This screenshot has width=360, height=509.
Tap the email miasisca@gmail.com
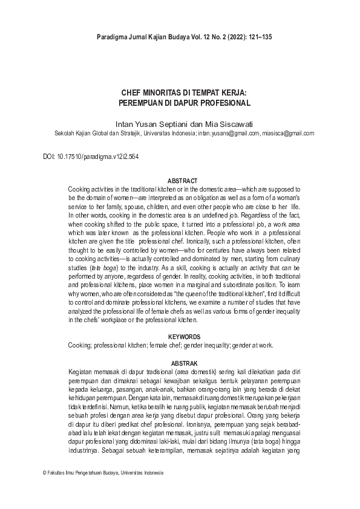[x=285, y=133]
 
